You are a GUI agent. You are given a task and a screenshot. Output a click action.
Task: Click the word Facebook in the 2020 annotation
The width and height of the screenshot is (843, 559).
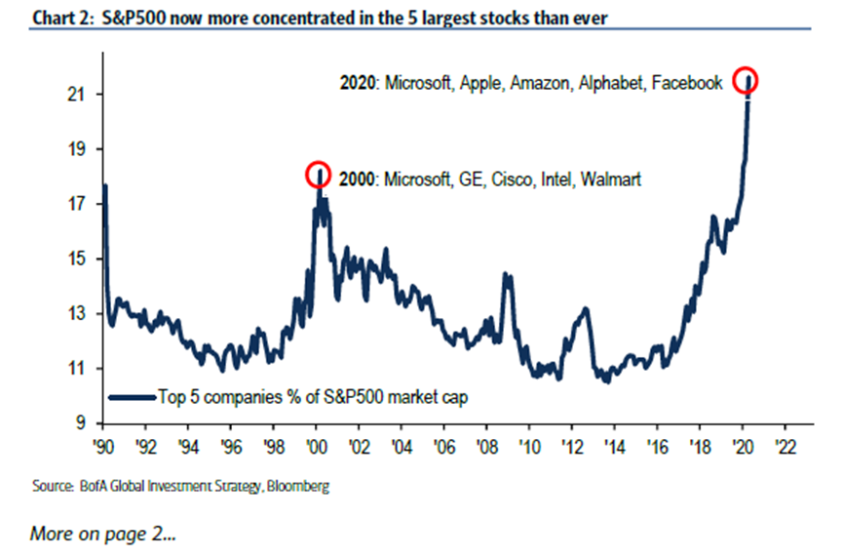click(689, 84)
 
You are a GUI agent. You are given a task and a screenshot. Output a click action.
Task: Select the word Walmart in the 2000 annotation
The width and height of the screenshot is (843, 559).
click(611, 180)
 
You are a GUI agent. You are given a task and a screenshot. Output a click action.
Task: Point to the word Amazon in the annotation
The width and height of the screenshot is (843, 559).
click(543, 84)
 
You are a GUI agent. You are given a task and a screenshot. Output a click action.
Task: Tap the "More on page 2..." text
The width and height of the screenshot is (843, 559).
click(102, 534)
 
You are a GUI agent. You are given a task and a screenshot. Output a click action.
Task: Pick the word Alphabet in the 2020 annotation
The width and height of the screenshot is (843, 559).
click(612, 84)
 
